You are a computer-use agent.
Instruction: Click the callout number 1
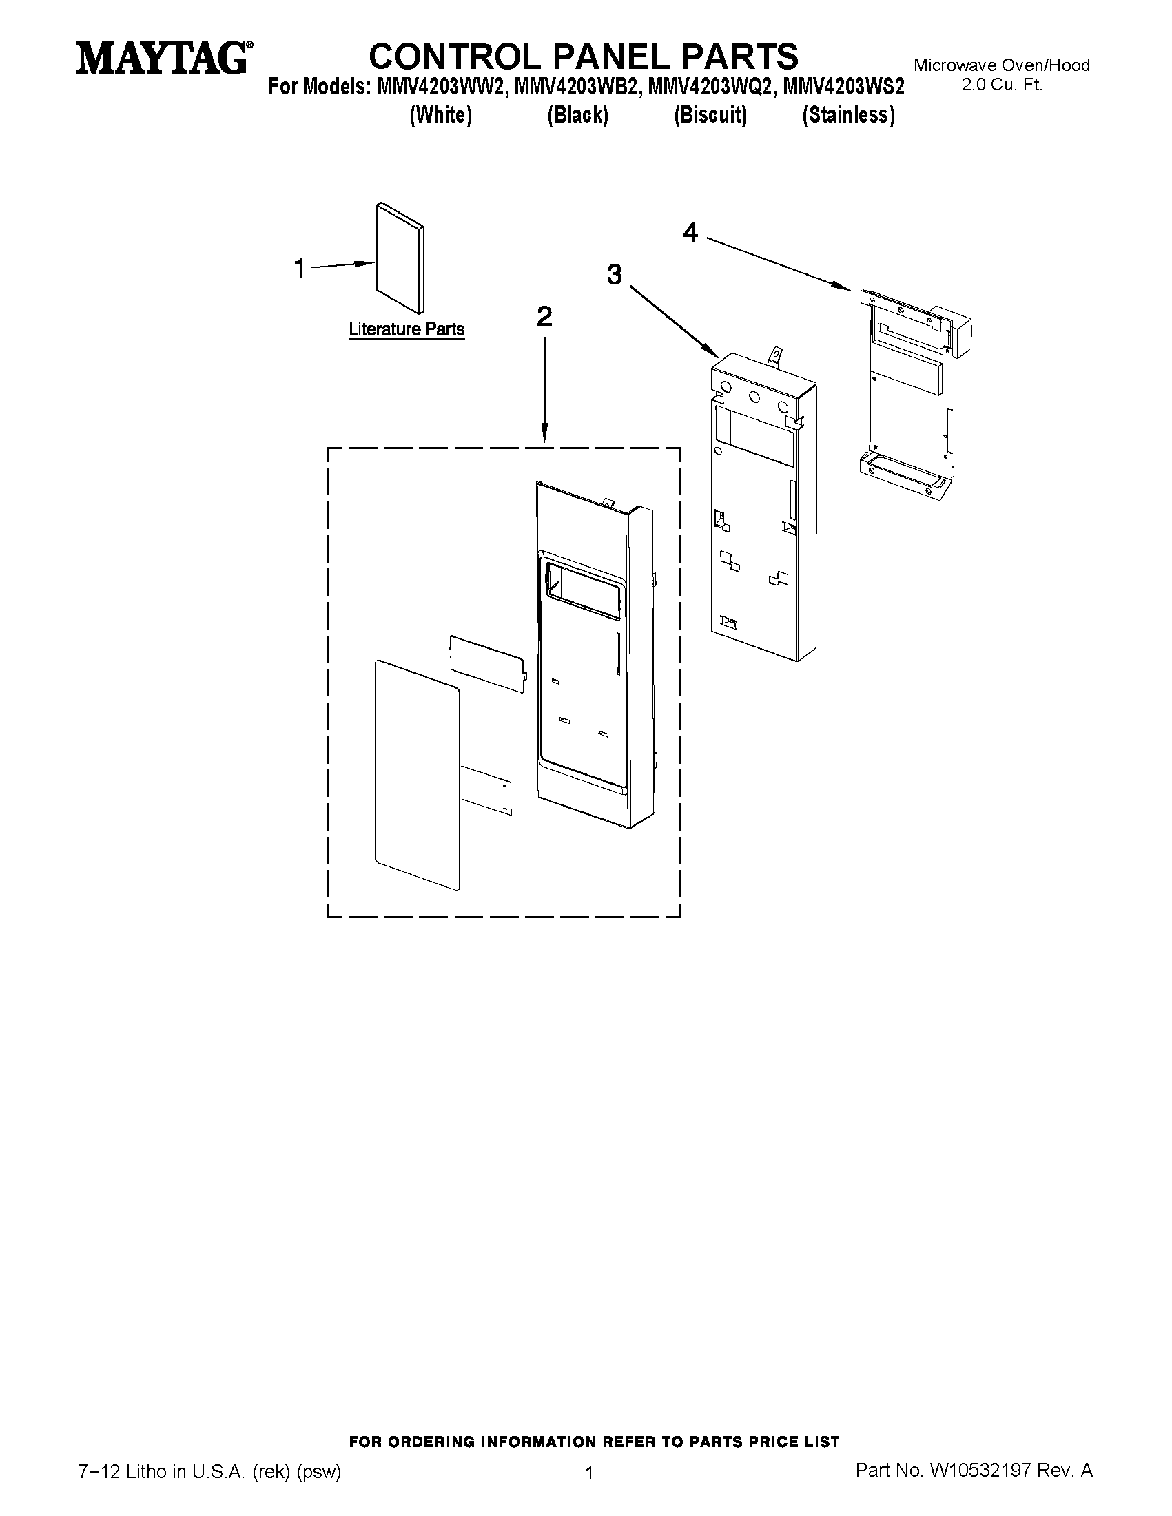tap(300, 269)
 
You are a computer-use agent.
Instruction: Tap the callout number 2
tap(544, 318)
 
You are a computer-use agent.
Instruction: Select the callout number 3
tap(614, 275)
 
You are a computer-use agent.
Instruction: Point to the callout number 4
tap(690, 233)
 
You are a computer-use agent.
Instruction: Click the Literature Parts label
tap(407, 329)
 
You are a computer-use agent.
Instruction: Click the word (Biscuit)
tap(710, 115)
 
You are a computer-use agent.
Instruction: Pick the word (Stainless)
tap(847, 115)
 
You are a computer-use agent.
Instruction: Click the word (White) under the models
tap(441, 115)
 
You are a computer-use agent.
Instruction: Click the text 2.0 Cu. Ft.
tap(1001, 86)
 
